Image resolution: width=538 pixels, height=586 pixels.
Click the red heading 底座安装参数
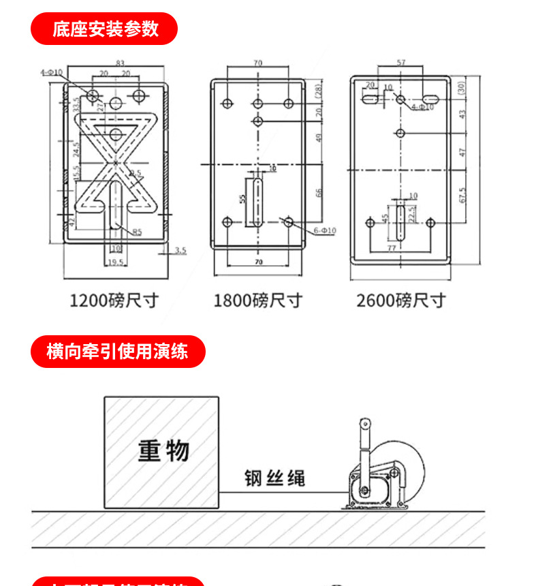[x=105, y=29]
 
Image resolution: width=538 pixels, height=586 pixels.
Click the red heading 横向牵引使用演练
[x=117, y=352]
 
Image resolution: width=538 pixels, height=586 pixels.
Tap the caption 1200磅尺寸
[x=114, y=300]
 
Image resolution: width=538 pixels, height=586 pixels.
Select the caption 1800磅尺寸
[x=257, y=300]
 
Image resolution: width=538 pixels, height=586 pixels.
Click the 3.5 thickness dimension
[x=180, y=251]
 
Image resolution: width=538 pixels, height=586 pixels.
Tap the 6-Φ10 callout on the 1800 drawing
[x=325, y=231]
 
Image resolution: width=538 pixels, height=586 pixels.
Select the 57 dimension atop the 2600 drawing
[x=400, y=63]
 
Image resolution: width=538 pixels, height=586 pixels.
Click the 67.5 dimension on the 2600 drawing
[x=463, y=196]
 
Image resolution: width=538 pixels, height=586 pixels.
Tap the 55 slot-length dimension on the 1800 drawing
[x=242, y=199]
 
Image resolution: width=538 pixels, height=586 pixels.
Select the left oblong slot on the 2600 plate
[x=372, y=99]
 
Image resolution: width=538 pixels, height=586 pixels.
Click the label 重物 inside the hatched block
[x=163, y=450]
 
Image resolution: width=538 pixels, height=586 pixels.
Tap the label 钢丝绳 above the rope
[x=275, y=478]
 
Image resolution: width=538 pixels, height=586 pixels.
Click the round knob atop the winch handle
[x=366, y=425]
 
